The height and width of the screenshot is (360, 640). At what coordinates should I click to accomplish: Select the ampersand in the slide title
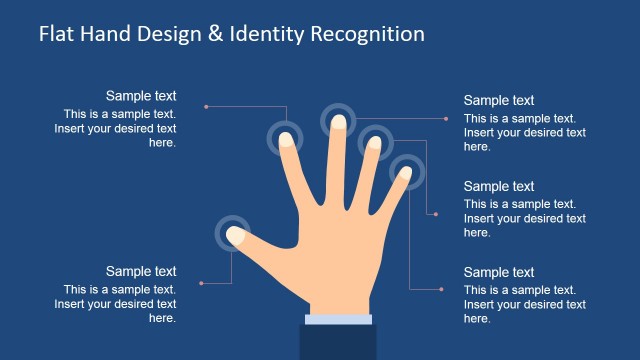tap(213, 34)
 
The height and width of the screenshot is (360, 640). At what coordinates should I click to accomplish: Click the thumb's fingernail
tap(236, 235)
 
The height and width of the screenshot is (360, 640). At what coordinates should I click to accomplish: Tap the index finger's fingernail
tap(286, 138)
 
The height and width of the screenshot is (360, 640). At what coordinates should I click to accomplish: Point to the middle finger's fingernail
tap(339, 122)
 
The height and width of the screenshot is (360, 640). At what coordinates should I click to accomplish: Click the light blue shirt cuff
tap(338, 319)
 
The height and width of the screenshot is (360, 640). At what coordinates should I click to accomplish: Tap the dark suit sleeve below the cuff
tap(338, 342)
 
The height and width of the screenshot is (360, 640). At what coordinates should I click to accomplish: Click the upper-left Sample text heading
tap(141, 96)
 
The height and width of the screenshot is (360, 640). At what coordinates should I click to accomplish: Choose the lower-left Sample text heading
tap(141, 271)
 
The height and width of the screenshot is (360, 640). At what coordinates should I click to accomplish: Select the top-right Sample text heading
tap(499, 100)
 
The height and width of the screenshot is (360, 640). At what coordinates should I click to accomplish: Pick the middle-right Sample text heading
tap(499, 186)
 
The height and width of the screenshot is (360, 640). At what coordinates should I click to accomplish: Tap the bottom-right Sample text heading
tap(499, 272)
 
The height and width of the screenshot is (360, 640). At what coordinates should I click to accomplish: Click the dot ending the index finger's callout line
tap(205, 106)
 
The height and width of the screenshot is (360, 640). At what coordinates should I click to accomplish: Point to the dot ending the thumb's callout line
tap(202, 283)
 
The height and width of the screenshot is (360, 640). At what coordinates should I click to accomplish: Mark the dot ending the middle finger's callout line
tap(446, 119)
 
